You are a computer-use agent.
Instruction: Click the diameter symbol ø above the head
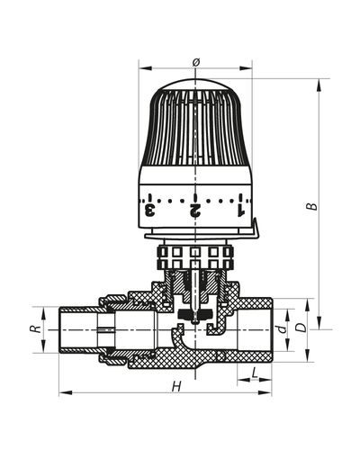click(195, 61)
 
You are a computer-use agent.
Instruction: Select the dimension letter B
click(311, 205)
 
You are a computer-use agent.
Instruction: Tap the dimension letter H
click(176, 386)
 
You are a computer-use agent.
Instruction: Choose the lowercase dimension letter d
click(283, 329)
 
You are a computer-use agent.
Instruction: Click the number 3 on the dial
click(150, 211)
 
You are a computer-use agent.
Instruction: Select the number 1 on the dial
click(239, 211)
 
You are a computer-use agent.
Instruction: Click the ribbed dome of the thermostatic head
click(195, 126)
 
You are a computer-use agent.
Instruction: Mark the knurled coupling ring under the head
click(195, 256)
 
